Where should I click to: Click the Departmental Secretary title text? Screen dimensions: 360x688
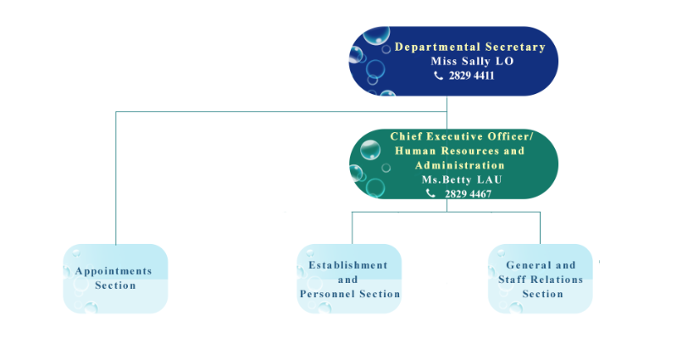click(469, 47)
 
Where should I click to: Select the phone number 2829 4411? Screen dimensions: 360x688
click(471, 75)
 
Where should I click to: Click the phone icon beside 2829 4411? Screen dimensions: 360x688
click(438, 75)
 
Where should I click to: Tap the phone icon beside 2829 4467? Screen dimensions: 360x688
click(430, 193)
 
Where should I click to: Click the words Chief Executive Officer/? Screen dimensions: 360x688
click(462, 136)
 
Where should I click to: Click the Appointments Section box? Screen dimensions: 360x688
click(116, 279)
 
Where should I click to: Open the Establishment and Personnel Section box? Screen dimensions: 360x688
click(349, 279)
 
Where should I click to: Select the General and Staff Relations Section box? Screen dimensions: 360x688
click(541, 279)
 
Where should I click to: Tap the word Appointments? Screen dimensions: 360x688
click(114, 271)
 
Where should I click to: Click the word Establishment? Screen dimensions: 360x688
click(347, 265)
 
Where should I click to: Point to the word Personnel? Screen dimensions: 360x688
click(334, 294)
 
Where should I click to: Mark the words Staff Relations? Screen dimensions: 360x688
click(541, 280)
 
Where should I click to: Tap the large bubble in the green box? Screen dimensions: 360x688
click(370, 151)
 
